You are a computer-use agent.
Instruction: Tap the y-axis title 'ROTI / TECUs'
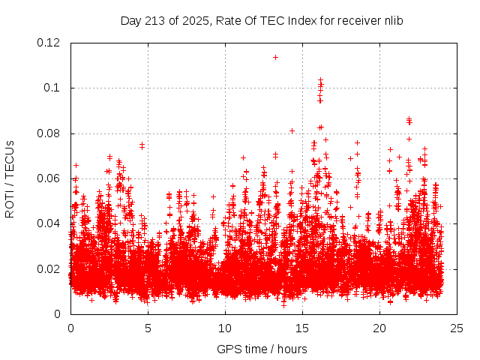coord(10,179)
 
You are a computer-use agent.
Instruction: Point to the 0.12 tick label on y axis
coord(49,43)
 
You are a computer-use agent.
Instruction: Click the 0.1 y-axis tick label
coord(52,88)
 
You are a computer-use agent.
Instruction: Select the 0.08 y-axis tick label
coord(49,133)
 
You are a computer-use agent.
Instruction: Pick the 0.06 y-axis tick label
coord(49,178)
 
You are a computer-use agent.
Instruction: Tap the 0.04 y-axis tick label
coord(49,223)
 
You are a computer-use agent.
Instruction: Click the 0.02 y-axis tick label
coord(49,269)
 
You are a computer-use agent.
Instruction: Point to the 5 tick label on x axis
coord(148,328)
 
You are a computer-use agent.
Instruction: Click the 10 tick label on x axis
coord(225,328)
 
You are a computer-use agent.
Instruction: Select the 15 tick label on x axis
coord(302,328)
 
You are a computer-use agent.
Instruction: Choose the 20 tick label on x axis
coord(379,328)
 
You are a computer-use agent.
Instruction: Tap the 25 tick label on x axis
coord(457,328)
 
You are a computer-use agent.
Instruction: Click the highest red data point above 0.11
coord(275,57)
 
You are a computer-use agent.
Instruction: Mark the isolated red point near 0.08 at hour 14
coord(292,130)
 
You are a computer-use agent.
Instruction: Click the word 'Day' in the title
coord(130,20)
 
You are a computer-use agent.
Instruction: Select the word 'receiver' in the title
coord(358,20)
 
